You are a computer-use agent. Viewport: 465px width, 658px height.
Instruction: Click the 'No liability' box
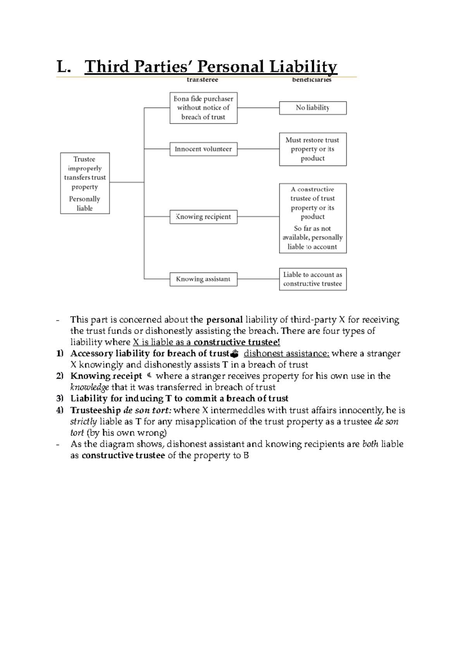coord(313,108)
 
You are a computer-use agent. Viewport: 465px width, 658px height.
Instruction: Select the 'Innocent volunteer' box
coord(203,149)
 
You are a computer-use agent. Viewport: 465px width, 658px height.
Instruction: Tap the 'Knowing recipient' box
coord(203,217)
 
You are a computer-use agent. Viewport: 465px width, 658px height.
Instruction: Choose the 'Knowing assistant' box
coord(203,279)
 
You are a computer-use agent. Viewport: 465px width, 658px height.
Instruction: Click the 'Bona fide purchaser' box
coord(203,108)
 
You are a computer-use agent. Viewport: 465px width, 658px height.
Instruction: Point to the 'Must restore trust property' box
coord(313,149)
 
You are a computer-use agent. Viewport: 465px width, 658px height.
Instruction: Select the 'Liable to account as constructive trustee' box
coord(313,279)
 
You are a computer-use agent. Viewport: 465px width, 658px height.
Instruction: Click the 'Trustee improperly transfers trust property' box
coord(85,183)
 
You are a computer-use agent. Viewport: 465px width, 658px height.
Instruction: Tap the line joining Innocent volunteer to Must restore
coord(258,149)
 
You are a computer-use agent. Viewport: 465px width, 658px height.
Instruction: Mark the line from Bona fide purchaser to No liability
coord(258,108)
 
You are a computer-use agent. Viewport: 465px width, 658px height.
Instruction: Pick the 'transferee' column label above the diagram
coord(202,80)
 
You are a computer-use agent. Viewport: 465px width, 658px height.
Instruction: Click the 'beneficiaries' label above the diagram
coord(312,80)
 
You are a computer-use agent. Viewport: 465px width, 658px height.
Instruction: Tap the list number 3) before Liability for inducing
coord(59,398)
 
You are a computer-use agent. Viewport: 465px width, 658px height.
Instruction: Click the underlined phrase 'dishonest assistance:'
coord(286,353)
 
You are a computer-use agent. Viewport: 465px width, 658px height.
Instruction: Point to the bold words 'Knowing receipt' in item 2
coord(106,376)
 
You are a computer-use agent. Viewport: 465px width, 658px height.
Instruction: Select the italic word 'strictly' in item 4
coord(83,421)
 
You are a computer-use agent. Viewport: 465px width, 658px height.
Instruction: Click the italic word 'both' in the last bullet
coord(370,444)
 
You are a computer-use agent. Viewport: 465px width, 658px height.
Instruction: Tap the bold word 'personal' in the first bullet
coord(224,320)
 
